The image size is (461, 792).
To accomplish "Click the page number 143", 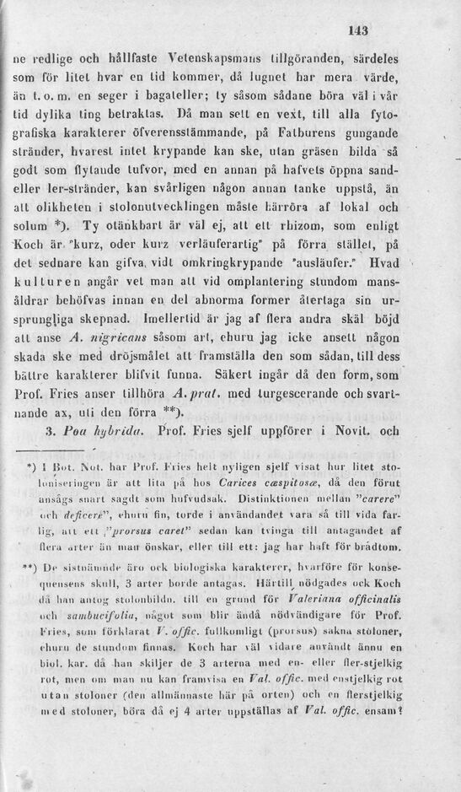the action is tap(358, 30).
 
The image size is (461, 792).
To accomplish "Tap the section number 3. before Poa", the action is tap(50, 433).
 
